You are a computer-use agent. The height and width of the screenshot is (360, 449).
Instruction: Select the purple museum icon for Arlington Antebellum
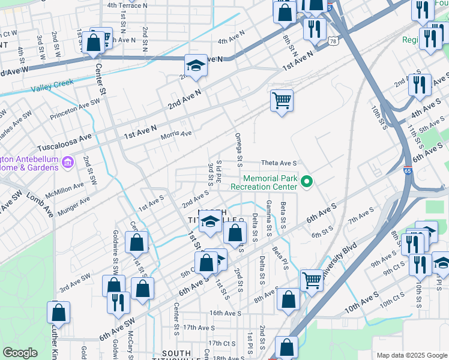(x=67, y=162)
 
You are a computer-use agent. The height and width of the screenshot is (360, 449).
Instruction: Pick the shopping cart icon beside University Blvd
(x=312, y=279)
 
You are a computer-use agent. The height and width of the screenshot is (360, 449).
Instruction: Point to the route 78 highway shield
(x=333, y=41)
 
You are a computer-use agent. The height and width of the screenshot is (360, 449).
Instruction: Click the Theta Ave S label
(x=279, y=163)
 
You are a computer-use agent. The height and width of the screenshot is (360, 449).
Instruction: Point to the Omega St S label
(x=238, y=149)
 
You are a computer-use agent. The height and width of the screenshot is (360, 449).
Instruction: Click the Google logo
(x=20, y=353)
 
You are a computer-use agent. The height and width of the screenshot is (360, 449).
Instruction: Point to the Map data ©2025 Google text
(x=411, y=355)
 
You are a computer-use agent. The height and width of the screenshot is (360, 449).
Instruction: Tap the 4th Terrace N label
(x=127, y=5)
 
